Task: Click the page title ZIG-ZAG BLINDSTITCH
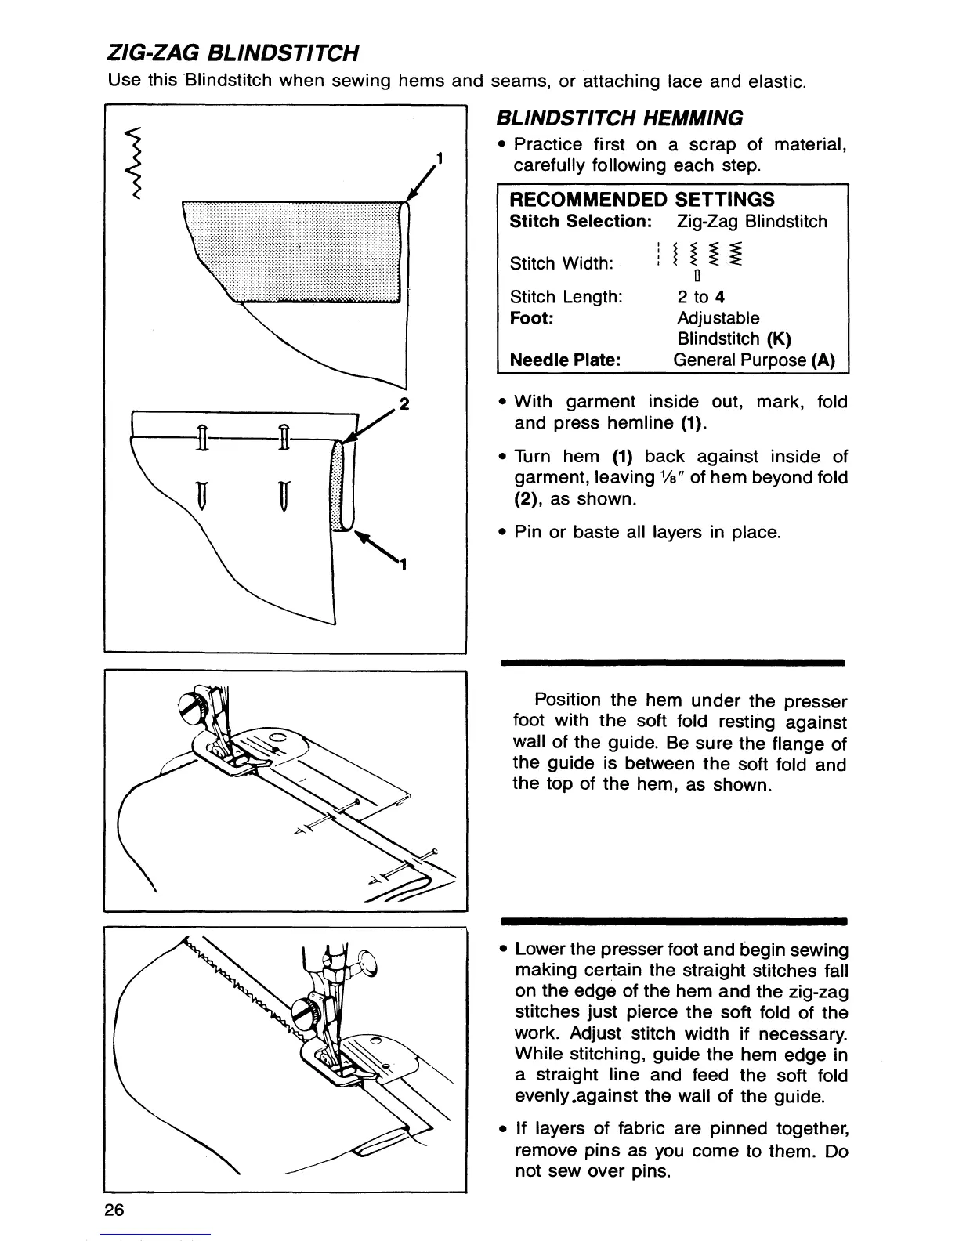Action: point(233,53)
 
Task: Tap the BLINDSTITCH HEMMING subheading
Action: point(620,118)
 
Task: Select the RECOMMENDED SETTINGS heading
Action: point(642,199)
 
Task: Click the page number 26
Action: point(114,1210)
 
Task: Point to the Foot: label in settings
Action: point(531,318)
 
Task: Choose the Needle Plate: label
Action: point(565,360)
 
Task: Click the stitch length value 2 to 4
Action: point(700,297)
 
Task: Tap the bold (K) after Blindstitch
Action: point(779,339)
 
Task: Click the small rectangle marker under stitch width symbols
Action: point(697,276)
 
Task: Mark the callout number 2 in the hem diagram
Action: point(404,404)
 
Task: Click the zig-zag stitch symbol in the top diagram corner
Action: point(136,163)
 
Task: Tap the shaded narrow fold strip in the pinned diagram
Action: point(338,486)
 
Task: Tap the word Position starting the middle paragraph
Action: point(567,700)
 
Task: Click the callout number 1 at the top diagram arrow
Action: point(440,157)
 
